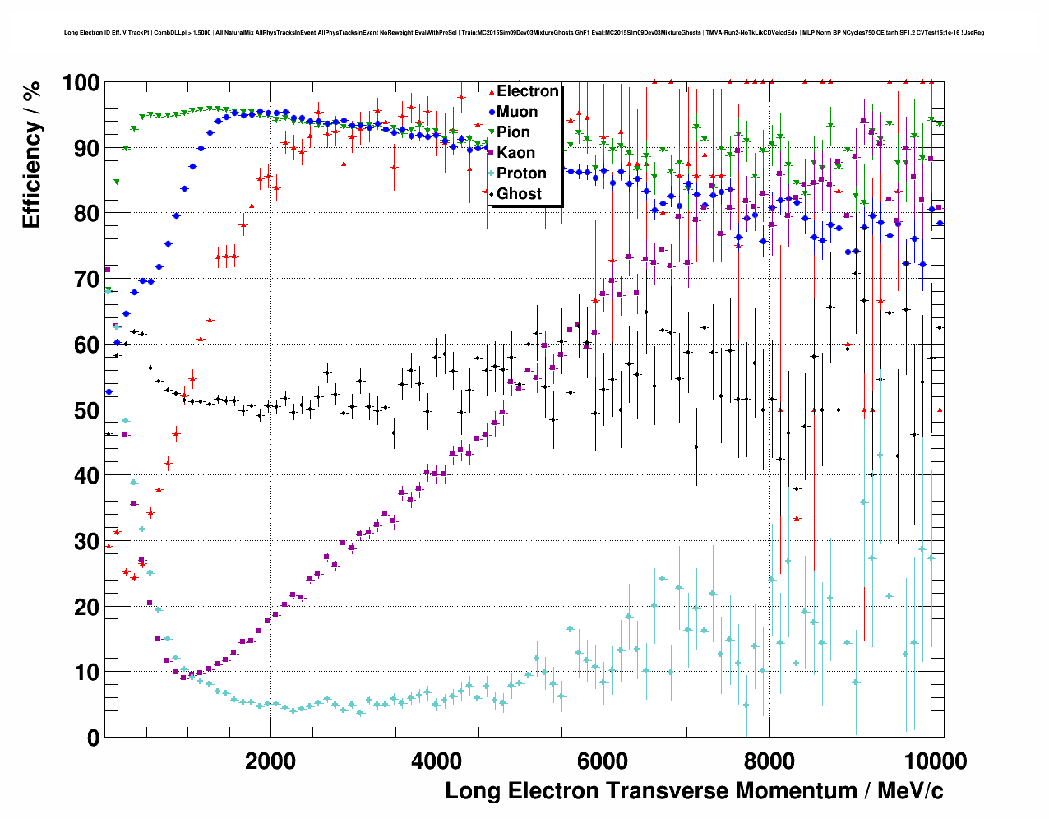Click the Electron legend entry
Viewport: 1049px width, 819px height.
point(527,91)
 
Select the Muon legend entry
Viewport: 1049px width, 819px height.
point(517,112)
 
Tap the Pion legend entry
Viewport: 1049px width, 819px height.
point(513,132)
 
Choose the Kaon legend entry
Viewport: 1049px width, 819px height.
point(515,153)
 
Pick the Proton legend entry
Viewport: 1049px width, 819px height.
point(521,174)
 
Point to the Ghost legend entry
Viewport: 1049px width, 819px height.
point(519,194)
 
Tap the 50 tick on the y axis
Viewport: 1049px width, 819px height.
point(87,410)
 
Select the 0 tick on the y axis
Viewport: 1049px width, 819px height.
point(93,738)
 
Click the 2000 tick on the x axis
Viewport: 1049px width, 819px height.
point(270,761)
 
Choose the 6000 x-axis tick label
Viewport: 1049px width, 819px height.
point(603,761)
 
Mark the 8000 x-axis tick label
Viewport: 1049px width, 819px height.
point(769,761)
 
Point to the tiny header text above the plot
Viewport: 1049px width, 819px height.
point(524,33)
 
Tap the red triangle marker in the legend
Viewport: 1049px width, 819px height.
point(492,91)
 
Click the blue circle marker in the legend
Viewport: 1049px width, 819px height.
point(492,112)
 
